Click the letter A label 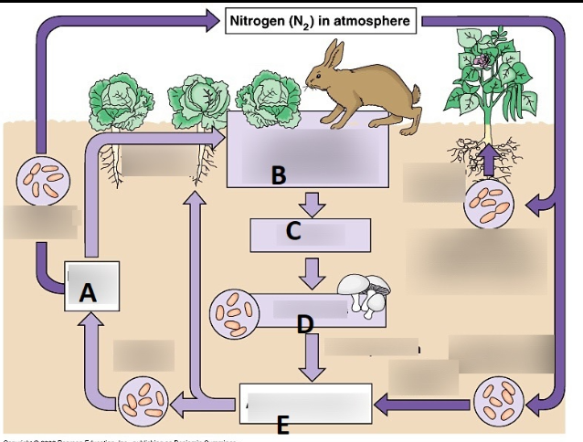[88, 292]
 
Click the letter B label [279, 176]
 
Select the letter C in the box [293, 231]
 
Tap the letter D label [304, 323]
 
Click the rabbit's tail [416, 94]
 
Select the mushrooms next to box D [364, 293]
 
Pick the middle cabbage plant [199, 102]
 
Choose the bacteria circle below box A [143, 401]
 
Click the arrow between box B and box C [313, 203]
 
